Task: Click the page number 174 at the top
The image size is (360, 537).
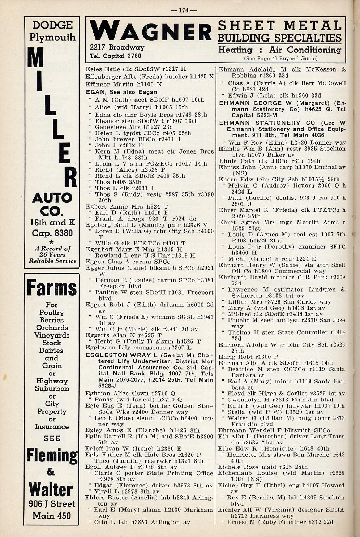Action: pyautogui.click(x=184, y=10)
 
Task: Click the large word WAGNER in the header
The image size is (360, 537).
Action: pyautogui.click(x=151, y=30)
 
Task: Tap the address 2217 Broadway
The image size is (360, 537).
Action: pyautogui.click(x=117, y=47)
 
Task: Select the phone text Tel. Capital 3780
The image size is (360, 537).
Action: pyautogui.click(x=115, y=56)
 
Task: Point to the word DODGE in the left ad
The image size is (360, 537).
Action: pyautogui.click(x=52, y=25)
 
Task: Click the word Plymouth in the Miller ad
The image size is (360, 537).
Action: pyautogui.click(x=52, y=37)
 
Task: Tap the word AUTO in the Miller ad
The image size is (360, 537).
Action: pyautogui.click(x=52, y=198)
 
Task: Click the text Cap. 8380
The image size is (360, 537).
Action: pyautogui.click(x=52, y=233)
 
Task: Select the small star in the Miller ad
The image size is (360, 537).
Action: pyautogui.click(x=52, y=241)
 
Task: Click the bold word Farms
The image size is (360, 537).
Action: pyautogui.click(x=52, y=288)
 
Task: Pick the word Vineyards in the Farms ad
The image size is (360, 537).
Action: pyautogui.click(x=52, y=335)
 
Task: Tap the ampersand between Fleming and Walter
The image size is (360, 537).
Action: pyautogui.click(x=51, y=472)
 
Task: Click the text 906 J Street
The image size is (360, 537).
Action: pyautogui.click(x=52, y=504)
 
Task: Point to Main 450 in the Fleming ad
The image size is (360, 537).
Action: pyautogui.click(x=52, y=516)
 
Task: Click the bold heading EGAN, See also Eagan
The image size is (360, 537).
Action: pyautogui.click(x=121, y=92)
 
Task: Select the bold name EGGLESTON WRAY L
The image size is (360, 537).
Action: pyautogui.click(x=121, y=355)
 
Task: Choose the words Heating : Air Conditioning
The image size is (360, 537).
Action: pyautogui.click(x=279, y=50)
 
